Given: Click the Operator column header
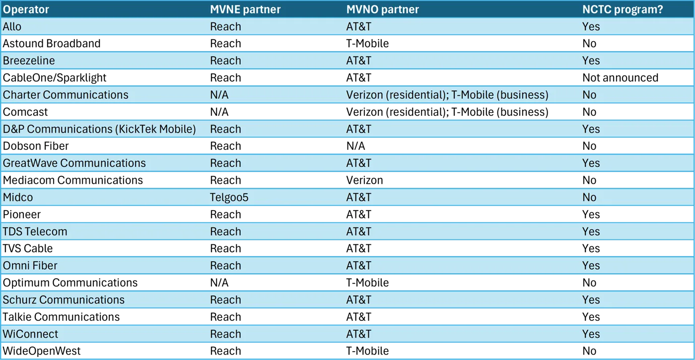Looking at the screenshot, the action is point(26,9).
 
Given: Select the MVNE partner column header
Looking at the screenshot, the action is point(245,9).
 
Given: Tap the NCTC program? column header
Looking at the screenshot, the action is point(623,9).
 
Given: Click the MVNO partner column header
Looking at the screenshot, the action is point(383,9).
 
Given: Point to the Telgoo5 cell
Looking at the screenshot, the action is point(229,198).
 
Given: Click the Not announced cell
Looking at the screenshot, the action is point(620,77).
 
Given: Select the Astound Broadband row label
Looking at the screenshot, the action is point(52,44).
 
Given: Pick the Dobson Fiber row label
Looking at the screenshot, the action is point(36,146).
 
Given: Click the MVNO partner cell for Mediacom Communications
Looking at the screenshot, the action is point(364,180).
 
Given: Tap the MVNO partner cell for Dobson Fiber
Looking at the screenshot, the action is point(355,146).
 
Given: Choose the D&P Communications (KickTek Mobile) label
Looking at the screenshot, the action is point(99,129).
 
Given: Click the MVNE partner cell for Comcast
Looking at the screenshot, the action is point(219,112).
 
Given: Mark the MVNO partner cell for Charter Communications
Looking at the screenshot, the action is point(447,95).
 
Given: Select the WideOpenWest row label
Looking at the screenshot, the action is point(42,351).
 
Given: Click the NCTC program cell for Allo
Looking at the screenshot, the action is point(591,27).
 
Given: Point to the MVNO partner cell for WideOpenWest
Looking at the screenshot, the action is point(367,351).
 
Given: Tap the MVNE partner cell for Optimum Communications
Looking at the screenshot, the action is point(219,283).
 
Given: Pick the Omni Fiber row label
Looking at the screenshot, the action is point(30,266).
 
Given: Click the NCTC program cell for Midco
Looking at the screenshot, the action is point(589,198).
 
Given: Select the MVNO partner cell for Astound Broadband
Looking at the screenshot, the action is point(367,44).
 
